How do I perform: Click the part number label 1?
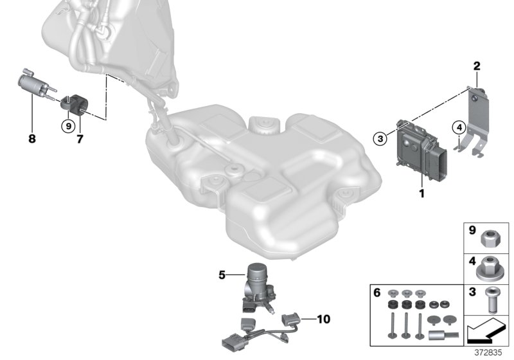pyautogui.click(x=421, y=193)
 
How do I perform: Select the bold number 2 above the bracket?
pyautogui.click(x=477, y=66)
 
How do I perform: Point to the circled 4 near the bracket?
pyautogui.click(x=457, y=127)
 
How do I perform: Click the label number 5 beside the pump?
pyautogui.click(x=222, y=276)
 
